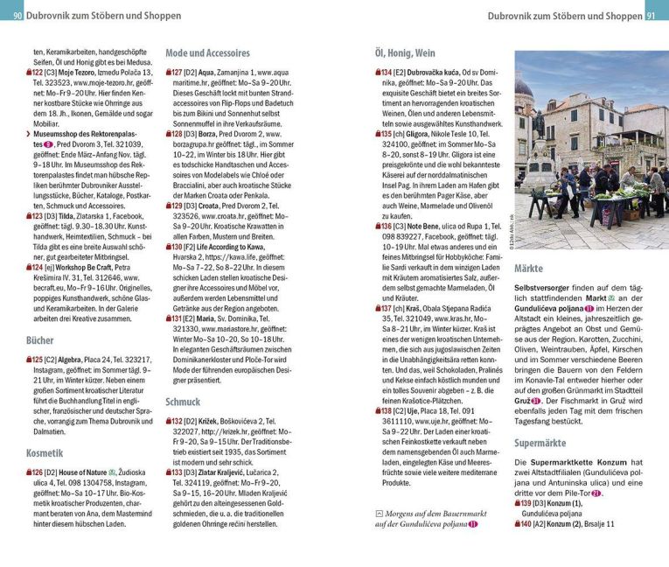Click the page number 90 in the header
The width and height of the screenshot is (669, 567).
tap(18, 13)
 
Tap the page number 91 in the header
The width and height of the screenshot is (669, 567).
tap(654, 13)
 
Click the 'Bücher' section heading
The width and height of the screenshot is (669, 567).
tap(40, 339)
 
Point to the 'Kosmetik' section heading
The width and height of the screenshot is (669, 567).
tap(45, 452)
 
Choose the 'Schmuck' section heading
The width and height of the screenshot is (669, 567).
tap(183, 402)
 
